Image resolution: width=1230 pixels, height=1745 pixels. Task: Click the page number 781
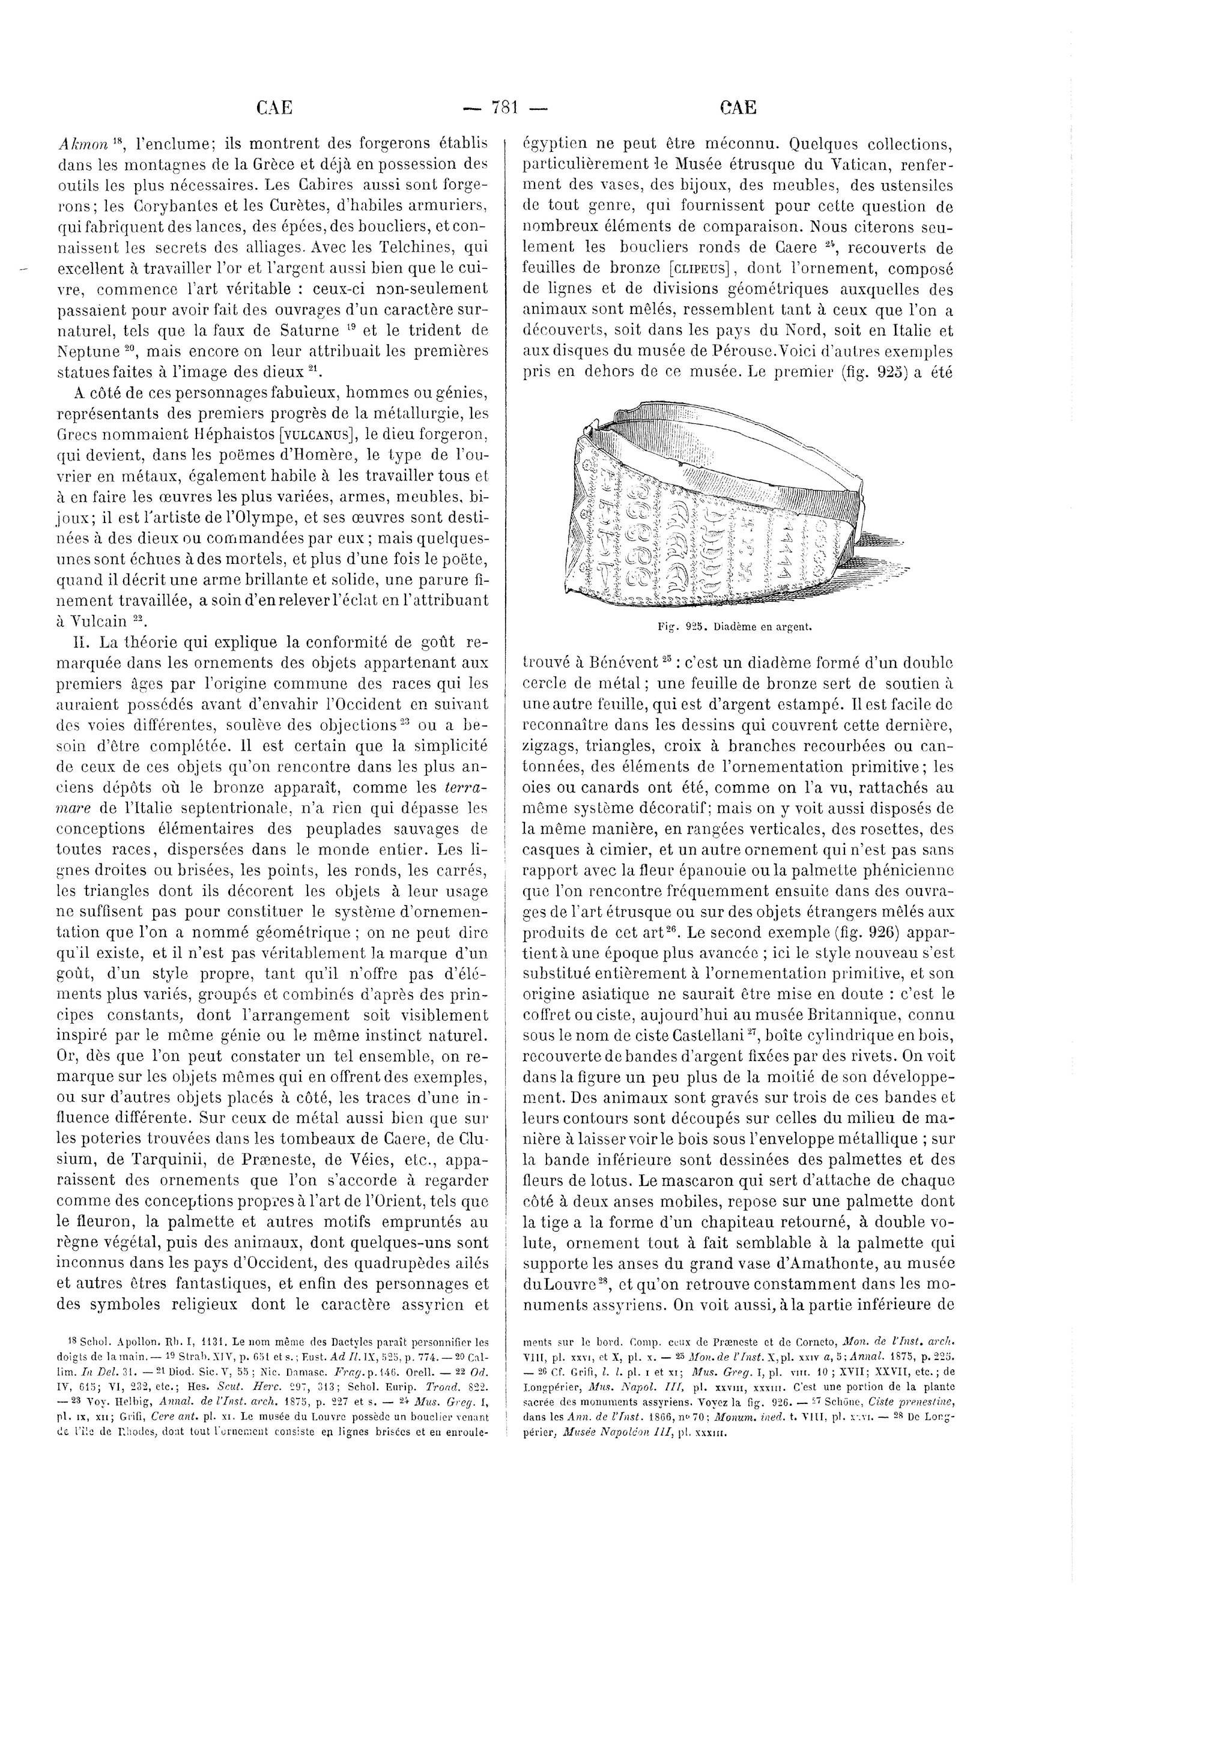point(504,108)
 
